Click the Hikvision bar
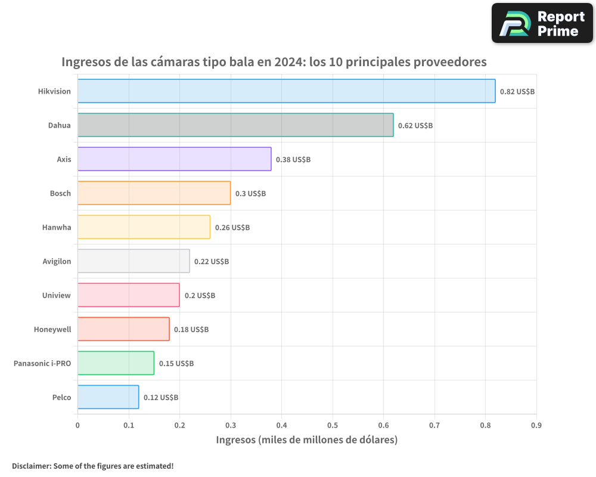point(286,91)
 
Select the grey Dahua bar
point(235,125)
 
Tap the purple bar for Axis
point(174,159)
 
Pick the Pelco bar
point(108,397)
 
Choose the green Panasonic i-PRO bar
point(116,363)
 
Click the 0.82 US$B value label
point(517,92)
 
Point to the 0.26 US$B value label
point(232,228)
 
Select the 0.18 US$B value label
point(191,330)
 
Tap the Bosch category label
point(60,193)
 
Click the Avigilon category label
point(57,261)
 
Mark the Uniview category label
point(57,295)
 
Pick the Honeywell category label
point(52,329)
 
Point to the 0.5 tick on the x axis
point(332,425)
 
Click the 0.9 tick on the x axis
point(536,425)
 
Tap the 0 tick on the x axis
point(77,425)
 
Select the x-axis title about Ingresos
point(306,440)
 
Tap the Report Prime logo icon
point(514,24)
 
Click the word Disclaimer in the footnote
point(31,466)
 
